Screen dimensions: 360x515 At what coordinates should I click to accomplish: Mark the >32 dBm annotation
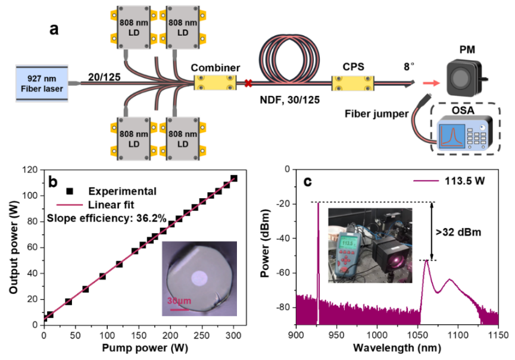467,230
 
